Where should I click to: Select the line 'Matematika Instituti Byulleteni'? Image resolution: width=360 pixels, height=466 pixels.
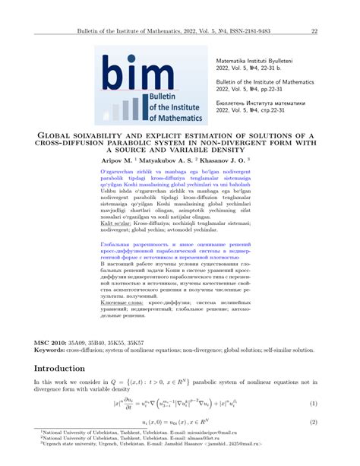coord(260,59)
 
